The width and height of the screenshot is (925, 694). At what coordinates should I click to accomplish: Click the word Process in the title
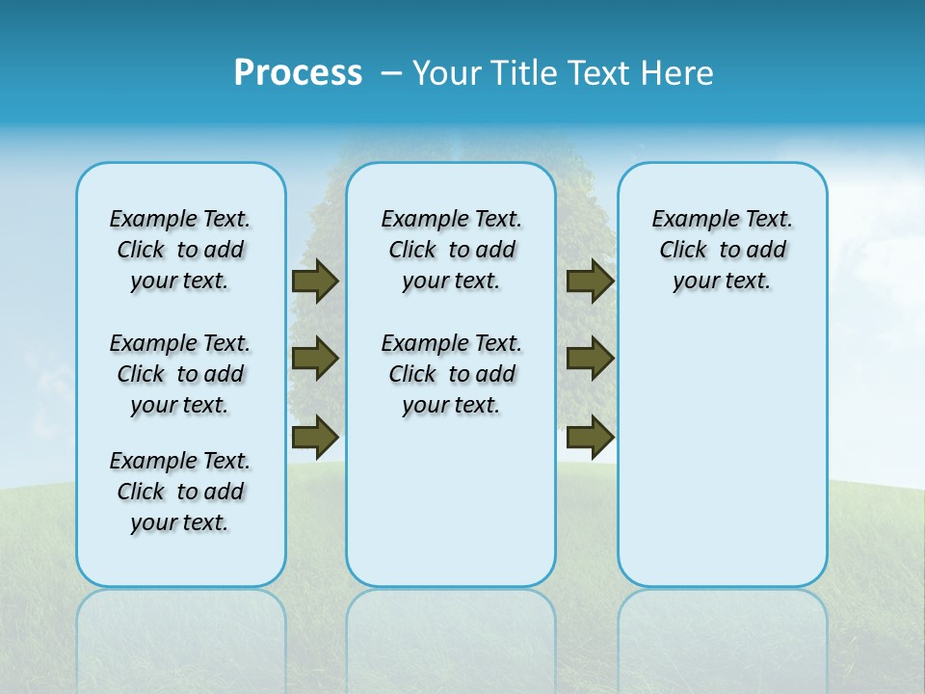298,73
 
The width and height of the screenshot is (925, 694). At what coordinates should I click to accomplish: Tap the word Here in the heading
678,73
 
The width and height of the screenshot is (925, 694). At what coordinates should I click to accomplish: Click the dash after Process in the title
391,73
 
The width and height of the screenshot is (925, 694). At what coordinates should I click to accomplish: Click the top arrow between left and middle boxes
315,281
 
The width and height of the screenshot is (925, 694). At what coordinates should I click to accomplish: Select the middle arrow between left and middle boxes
315,359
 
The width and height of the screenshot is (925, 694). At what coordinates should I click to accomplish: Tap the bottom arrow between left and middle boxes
315,436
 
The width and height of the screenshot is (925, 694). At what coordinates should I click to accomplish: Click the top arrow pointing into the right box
590,281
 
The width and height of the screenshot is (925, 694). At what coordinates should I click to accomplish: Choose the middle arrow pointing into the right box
590,359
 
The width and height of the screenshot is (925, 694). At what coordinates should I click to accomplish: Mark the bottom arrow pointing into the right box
590,436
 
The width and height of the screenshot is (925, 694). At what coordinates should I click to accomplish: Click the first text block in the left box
180,250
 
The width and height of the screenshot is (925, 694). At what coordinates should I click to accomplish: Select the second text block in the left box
180,374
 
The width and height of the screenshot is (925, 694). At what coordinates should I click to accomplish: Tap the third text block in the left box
180,492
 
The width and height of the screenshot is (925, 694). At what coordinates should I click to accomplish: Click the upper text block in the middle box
451,250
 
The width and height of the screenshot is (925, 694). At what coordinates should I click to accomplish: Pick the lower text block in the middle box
451,374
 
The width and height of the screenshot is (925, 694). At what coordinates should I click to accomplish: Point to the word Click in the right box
683,251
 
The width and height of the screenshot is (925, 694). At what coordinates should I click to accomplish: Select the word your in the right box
694,281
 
